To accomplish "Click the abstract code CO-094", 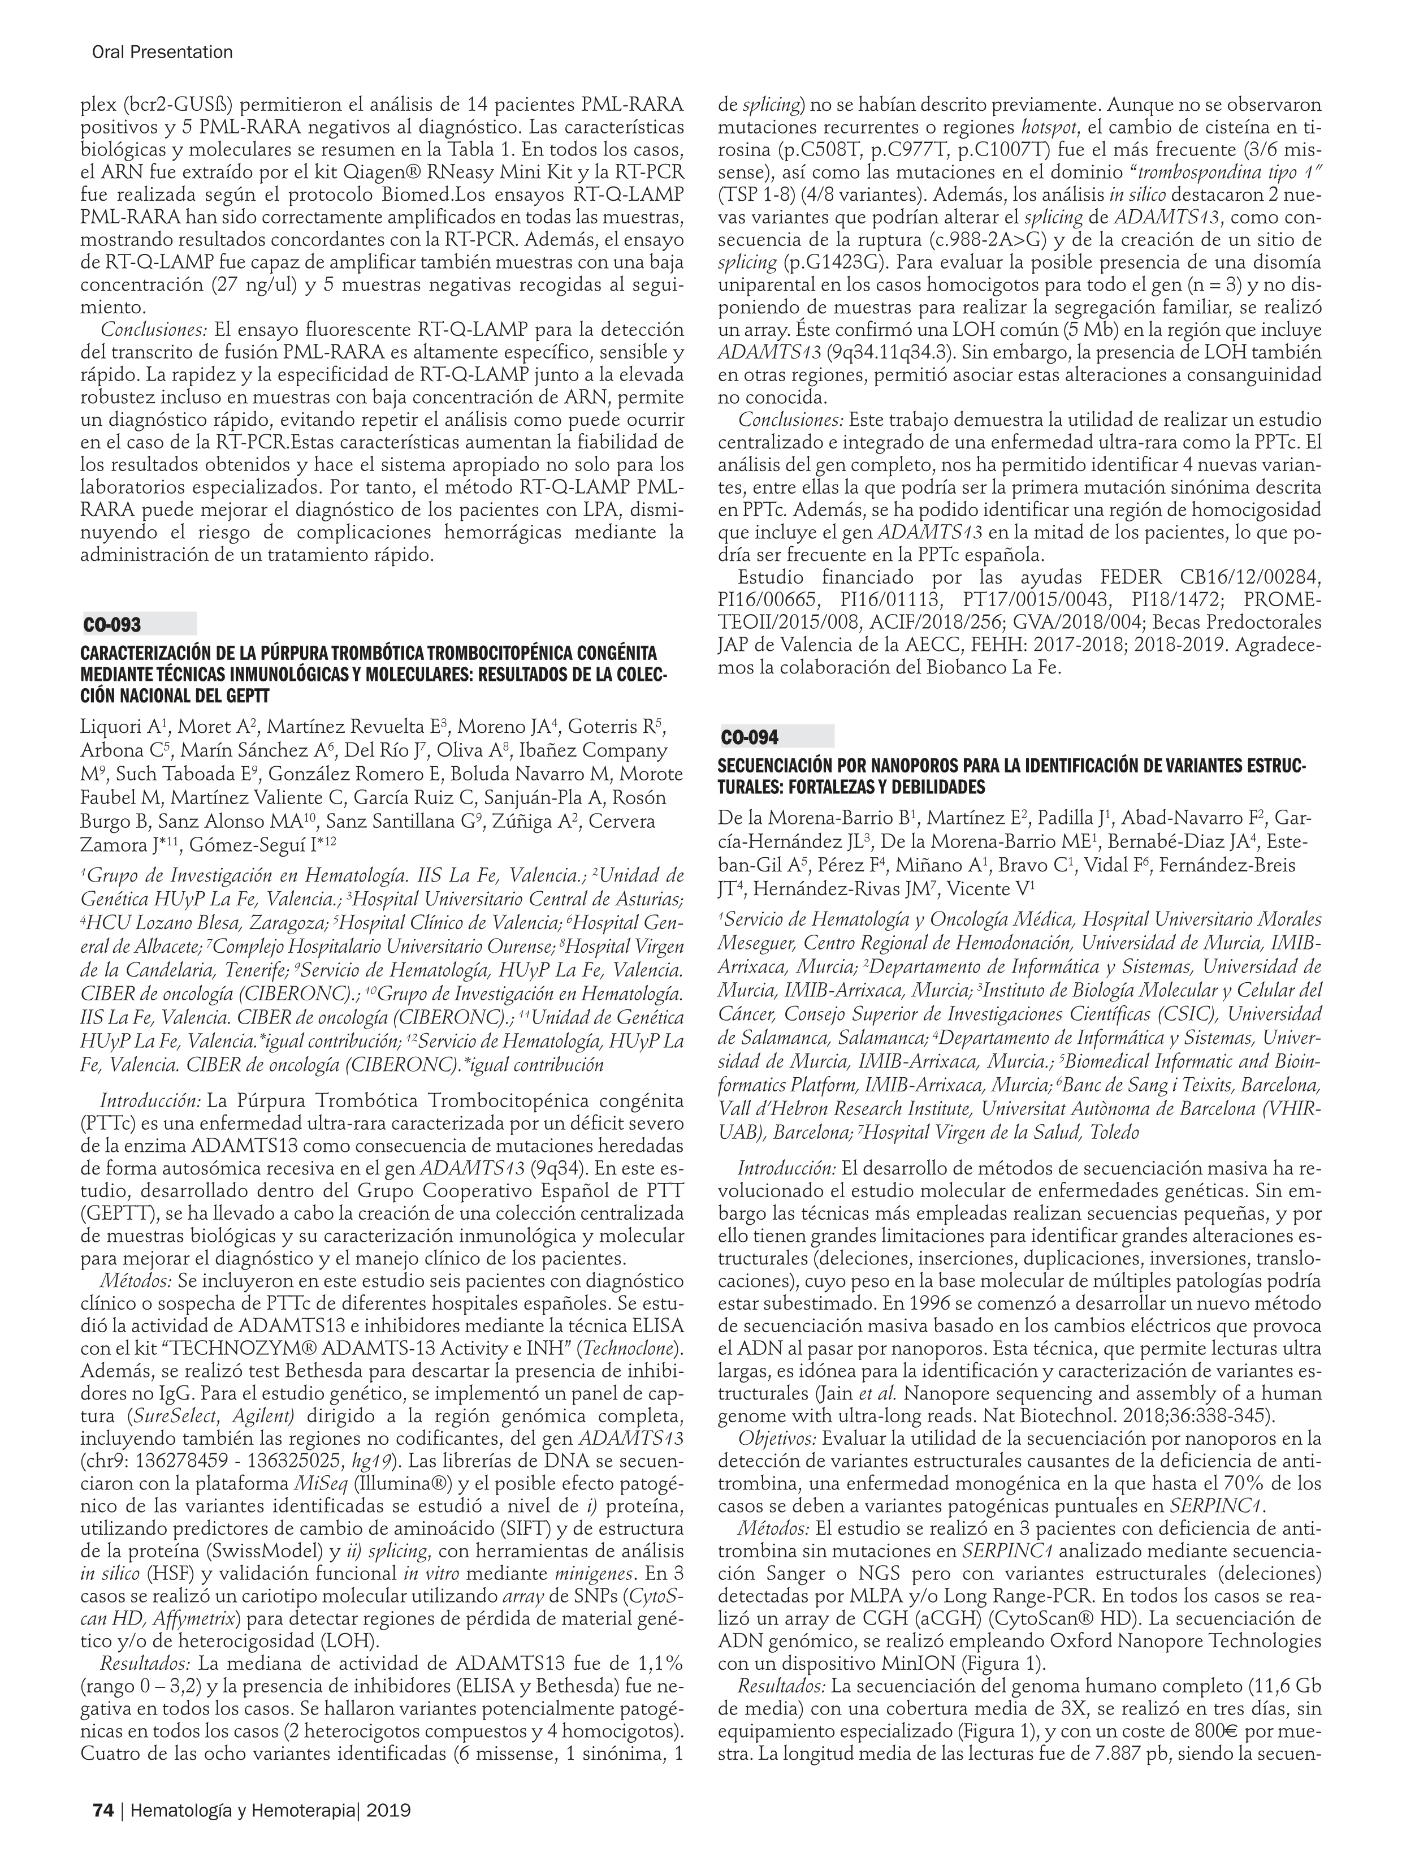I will click(x=750, y=738).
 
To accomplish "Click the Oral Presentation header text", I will click(x=162, y=53).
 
